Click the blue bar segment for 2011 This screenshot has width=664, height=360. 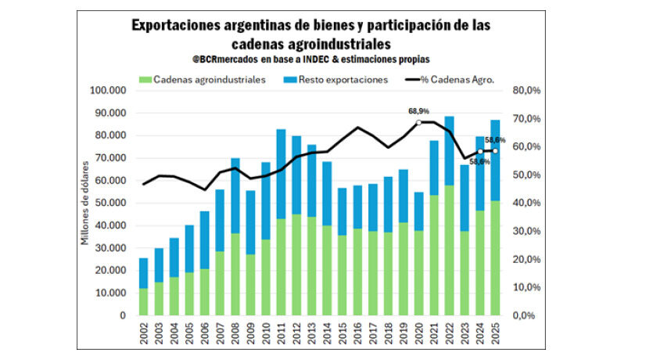pos(281,173)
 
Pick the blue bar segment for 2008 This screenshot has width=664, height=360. pos(235,196)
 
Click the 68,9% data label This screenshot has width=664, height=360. pos(418,112)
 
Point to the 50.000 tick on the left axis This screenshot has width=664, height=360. pos(110,203)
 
